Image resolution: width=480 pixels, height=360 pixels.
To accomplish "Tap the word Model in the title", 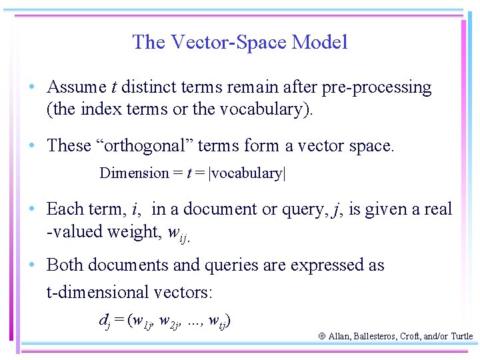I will [321, 43].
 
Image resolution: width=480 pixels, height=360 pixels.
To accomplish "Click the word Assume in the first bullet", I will [77, 87].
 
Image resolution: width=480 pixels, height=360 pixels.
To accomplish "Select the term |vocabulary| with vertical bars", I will [247, 173].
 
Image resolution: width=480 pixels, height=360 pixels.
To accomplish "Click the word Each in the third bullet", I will [63, 209].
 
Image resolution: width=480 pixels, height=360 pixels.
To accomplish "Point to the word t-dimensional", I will [100, 292].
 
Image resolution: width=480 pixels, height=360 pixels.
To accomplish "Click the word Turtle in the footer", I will [461, 337].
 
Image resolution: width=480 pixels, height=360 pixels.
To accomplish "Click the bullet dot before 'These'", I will [32, 146].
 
